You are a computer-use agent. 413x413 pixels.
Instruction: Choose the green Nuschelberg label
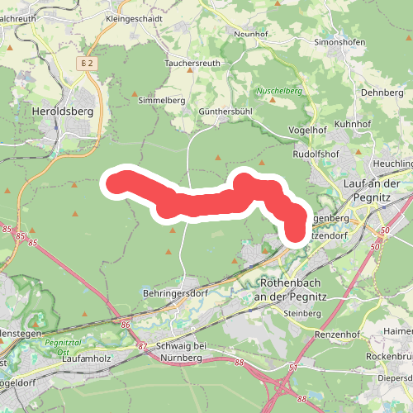(279, 91)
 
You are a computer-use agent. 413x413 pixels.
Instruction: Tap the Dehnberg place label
(382, 93)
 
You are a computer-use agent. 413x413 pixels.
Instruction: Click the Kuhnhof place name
(355, 122)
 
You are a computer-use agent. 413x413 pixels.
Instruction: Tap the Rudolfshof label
(318, 154)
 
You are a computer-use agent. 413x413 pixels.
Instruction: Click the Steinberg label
(301, 314)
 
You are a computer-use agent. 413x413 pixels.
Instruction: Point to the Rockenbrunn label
(389, 357)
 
